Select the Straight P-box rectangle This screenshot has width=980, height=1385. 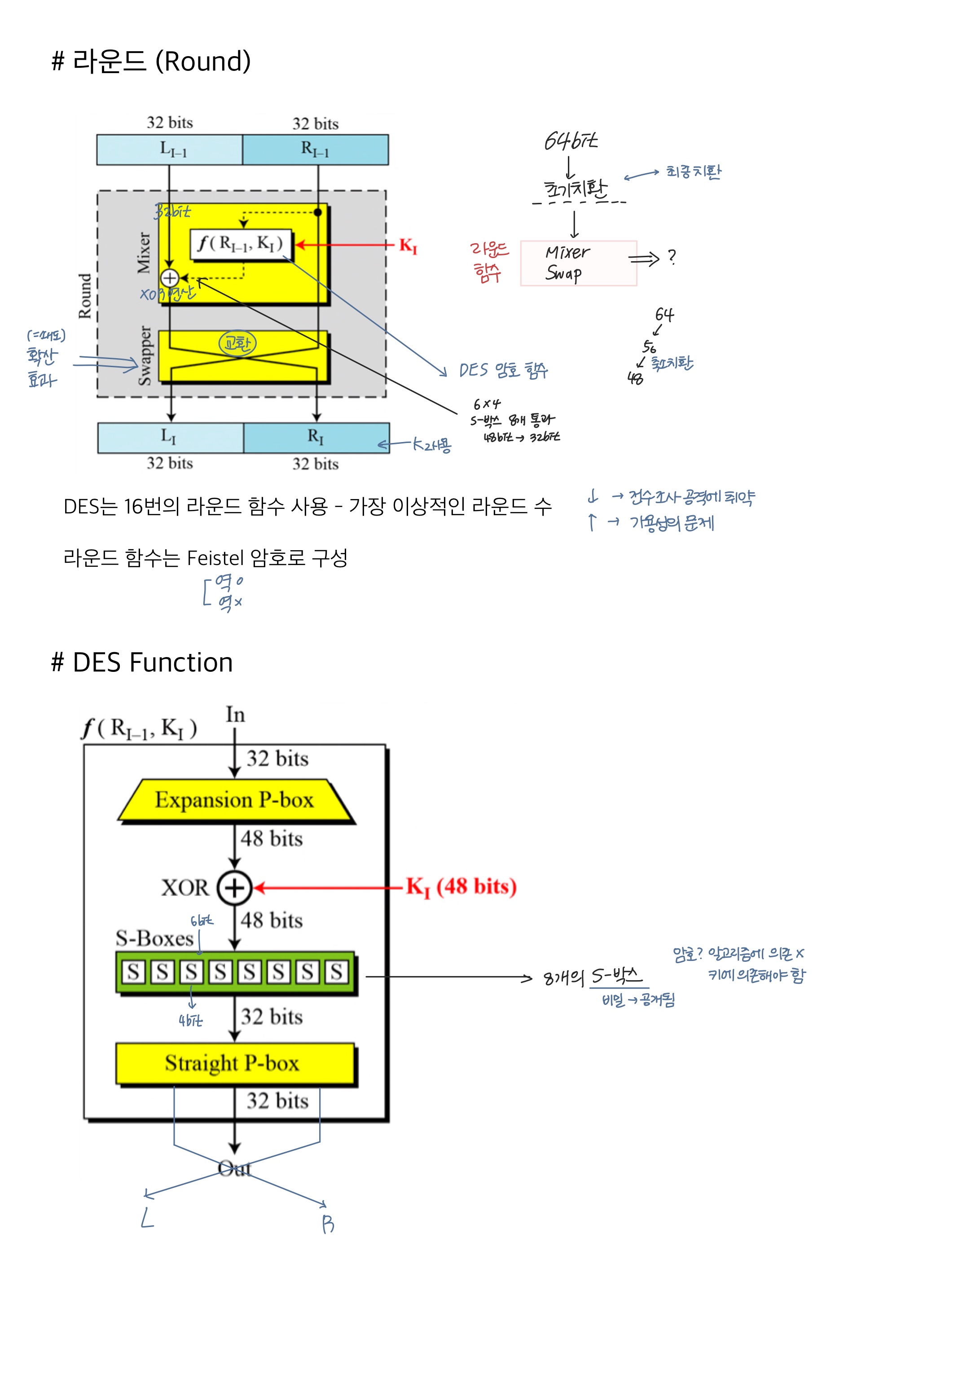(x=235, y=1063)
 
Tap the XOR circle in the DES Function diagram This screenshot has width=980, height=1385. (x=234, y=888)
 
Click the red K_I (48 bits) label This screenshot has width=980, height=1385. (x=461, y=887)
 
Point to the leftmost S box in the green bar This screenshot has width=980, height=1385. (x=133, y=972)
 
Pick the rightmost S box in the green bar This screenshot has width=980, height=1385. (x=337, y=972)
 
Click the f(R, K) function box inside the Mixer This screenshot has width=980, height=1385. (x=241, y=244)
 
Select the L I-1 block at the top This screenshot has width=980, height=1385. (x=170, y=149)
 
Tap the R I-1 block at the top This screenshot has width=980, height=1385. (x=315, y=149)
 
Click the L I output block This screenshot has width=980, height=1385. (x=170, y=437)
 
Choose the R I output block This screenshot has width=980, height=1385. (x=316, y=437)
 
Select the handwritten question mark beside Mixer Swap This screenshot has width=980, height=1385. (x=672, y=258)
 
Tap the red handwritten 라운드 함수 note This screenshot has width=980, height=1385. (x=489, y=262)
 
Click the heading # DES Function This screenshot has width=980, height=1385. (x=142, y=662)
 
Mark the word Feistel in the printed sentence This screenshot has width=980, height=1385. (x=215, y=558)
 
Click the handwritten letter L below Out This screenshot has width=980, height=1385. (x=147, y=1218)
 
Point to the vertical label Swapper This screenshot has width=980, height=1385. (x=145, y=355)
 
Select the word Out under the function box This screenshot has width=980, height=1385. (x=234, y=1169)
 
